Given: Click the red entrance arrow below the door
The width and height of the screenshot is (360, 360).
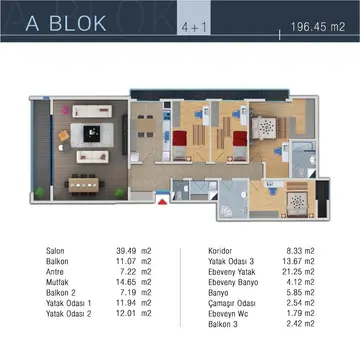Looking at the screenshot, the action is pyautogui.click(x=162, y=202).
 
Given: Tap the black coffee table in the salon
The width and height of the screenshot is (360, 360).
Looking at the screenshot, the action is pyautogui.click(x=92, y=134).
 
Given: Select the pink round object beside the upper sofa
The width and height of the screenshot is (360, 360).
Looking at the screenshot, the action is pyautogui.click(x=66, y=110).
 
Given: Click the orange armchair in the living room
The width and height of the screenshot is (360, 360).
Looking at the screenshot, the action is pyautogui.click(x=64, y=135).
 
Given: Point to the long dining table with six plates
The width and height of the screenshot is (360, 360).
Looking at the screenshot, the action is pyautogui.click(x=84, y=185).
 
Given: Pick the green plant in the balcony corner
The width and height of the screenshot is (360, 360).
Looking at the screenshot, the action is pyautogui.click(x=40, y=192).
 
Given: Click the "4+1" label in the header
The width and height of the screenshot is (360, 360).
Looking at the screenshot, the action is pyautogui.click(x=194, y=28).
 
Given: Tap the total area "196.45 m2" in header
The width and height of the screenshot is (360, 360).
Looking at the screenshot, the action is pyautogui.click(x=318, y=27).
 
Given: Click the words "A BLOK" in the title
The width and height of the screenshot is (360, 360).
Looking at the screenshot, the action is pyautogui.click(x=66, y=23).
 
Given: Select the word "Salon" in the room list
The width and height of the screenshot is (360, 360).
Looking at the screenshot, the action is pyautogui.click(x=55, y=251).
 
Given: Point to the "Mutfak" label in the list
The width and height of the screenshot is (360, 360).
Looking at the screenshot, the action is pyautogui.click(x=57, y=282).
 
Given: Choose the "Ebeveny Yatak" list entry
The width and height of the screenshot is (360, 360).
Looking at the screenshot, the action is pyautogui.click(x=232, y=272).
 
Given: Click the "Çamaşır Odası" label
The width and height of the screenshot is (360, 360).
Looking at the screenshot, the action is pyautogui.click(x=232, y=303).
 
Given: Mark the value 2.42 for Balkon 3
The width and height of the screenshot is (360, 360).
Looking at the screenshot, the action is pyautogui.click(x=294, y=324).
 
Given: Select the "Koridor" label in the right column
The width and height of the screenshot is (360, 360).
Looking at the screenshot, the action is pyautogui.click(x=220, y=251).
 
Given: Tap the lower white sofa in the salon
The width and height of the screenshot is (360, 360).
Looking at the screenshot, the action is pyautogui.click(x=92, y=157).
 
